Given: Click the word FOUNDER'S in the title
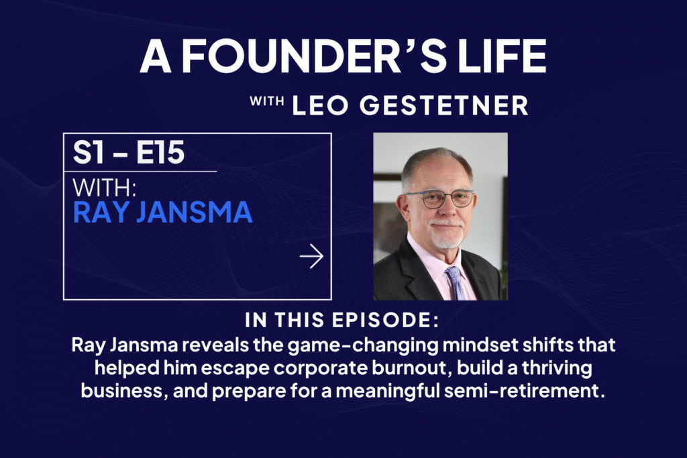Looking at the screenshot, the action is (291, 56).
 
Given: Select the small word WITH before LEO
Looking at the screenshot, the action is (266, 101).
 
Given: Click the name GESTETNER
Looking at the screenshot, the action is (444, 105).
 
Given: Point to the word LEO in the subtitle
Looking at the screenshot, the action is (320, 105).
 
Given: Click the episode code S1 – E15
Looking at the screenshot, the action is (129, 152).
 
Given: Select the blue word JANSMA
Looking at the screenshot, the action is (194, 213).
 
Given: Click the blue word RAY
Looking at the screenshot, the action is (101, 213).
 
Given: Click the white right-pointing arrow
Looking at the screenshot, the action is (311, 256).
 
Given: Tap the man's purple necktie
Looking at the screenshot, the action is (456, 283).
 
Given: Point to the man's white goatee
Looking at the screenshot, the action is (446, 234).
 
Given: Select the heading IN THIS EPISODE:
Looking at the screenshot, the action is (342, 320).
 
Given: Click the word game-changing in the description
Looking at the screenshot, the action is (363, 345).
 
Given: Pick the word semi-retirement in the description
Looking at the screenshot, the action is (525, 390).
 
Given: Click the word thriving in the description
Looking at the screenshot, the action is (558, 368).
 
